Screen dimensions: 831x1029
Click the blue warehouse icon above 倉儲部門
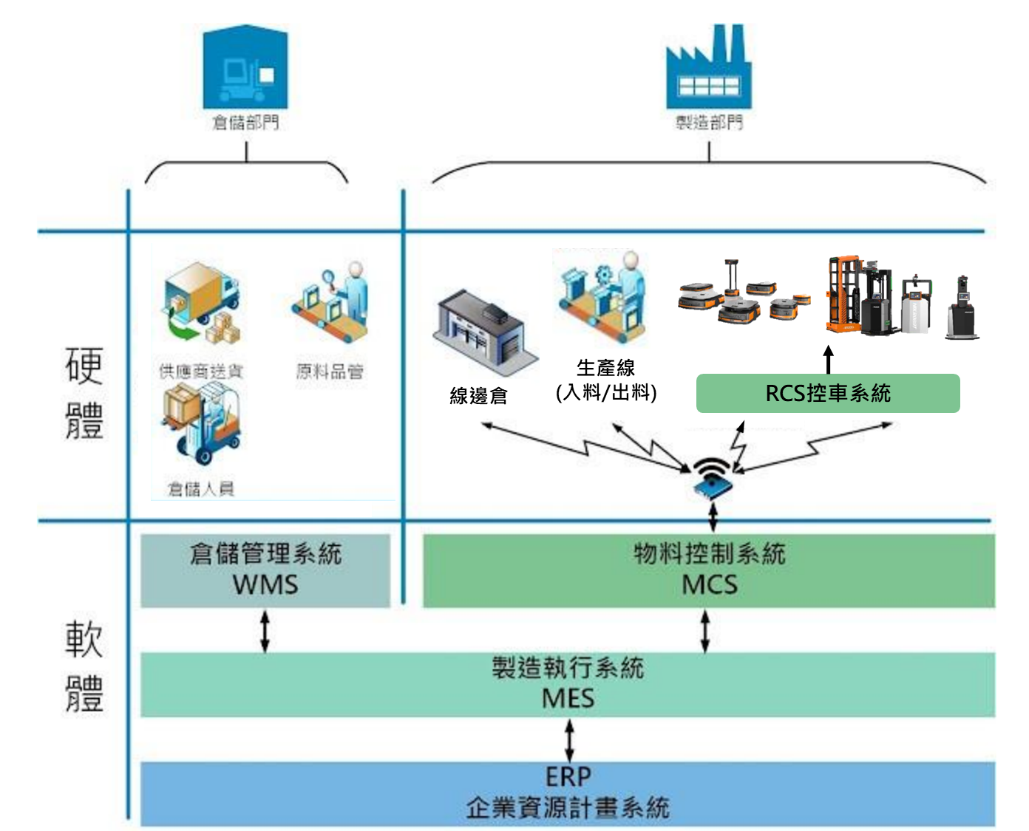click(x=245, y=68)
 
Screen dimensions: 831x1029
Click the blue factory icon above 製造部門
click(x=708, y=69)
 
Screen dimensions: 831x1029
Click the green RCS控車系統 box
click(x=828, y=393)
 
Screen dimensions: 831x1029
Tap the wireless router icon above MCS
click(x=712, y=478)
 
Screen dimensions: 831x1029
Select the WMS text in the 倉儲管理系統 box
click(x=265, y=584)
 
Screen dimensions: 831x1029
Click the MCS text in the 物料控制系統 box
click(x=709, y=584)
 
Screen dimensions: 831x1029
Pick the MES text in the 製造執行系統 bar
click(x=568, y=698)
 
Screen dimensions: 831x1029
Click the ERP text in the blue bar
click(x=568, y=776)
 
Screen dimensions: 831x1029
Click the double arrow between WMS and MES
click(x=265, y=631)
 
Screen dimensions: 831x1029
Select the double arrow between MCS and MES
click(x=704, y=631)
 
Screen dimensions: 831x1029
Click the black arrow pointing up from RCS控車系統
click(x=829, y=360)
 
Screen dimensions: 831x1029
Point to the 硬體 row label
click(x=84, y=393)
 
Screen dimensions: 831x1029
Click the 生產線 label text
click(x=605, y=367)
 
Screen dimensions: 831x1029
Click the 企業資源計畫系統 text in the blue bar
click(x=568, y=807)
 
